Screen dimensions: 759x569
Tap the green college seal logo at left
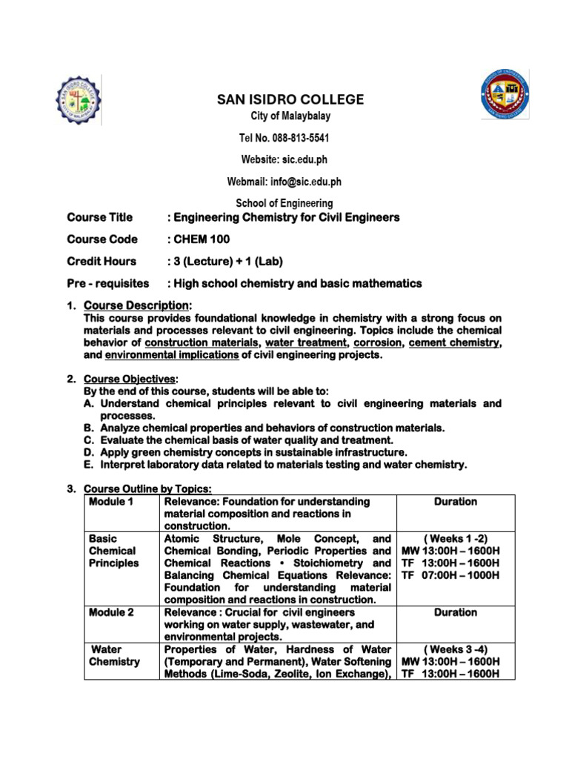click(x=79, y=100)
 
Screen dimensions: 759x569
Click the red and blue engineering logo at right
click(x=505, y=95)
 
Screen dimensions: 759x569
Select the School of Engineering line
click(x=284, y=202)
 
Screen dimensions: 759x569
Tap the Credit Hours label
click(x=102, y=261)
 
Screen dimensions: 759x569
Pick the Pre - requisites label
click(x=107, y=283)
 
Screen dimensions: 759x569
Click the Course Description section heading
click(x=137, y=305)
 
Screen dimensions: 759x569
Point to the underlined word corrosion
click(x=375, y=343)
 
